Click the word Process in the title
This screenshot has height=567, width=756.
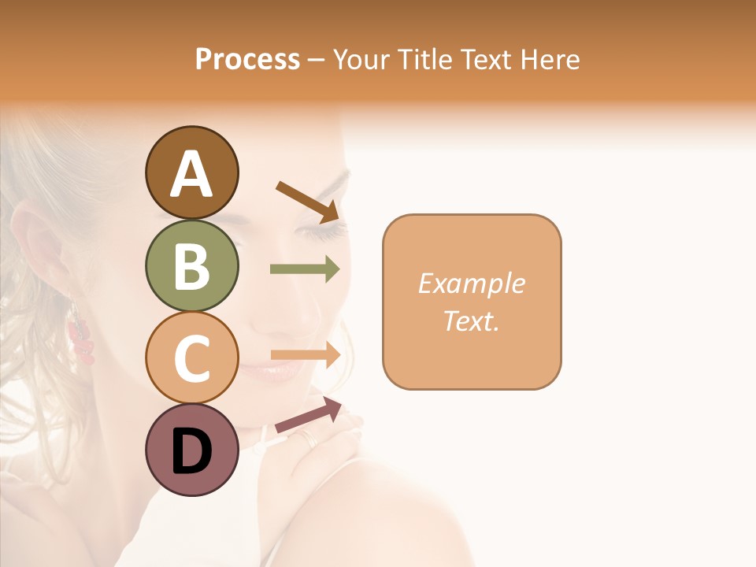[x=247, y=59]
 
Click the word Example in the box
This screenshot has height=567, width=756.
[x=472, y=283]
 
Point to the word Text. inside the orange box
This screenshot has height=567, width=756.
[x=472, y=321]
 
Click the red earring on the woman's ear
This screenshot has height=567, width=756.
[x=81, y=339]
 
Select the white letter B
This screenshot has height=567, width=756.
[x=192, y=267]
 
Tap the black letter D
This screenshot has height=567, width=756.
[x=192, y=451]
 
